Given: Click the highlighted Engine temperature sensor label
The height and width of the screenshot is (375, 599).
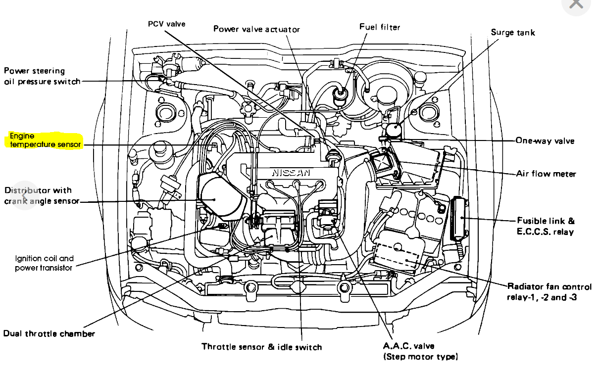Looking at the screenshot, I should (x=45, y=140).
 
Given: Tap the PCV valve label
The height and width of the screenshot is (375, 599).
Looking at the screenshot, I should (x=166, y=24).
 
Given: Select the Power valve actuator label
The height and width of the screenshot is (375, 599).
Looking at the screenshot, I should (x=256, y=29).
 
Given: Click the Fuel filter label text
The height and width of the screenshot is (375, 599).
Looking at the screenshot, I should (x=380, y=27).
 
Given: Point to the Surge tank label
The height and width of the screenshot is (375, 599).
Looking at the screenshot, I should (x=512, y=33).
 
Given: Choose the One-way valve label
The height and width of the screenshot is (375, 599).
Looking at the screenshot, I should (x=545, y=141).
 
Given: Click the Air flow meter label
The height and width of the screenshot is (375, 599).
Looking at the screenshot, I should (x=546, y=174).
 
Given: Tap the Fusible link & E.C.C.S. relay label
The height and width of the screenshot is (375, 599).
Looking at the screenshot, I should (x=546, y=226).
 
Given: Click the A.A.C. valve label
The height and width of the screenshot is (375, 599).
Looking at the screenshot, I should (x=420, y=351).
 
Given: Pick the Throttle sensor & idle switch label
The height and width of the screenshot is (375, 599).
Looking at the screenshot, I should (x=261, y=347).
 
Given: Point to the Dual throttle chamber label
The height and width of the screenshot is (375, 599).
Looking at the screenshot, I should (x=49, y=333).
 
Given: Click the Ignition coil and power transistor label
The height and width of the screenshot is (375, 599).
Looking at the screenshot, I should (x=44, y=263).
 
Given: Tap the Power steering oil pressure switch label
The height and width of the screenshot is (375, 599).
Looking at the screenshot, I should (x=42, y=76).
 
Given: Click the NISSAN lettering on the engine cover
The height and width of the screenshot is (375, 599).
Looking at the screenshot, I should (x=291, y=173).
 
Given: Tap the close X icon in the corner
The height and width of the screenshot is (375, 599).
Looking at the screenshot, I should (x=576, y=4).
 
